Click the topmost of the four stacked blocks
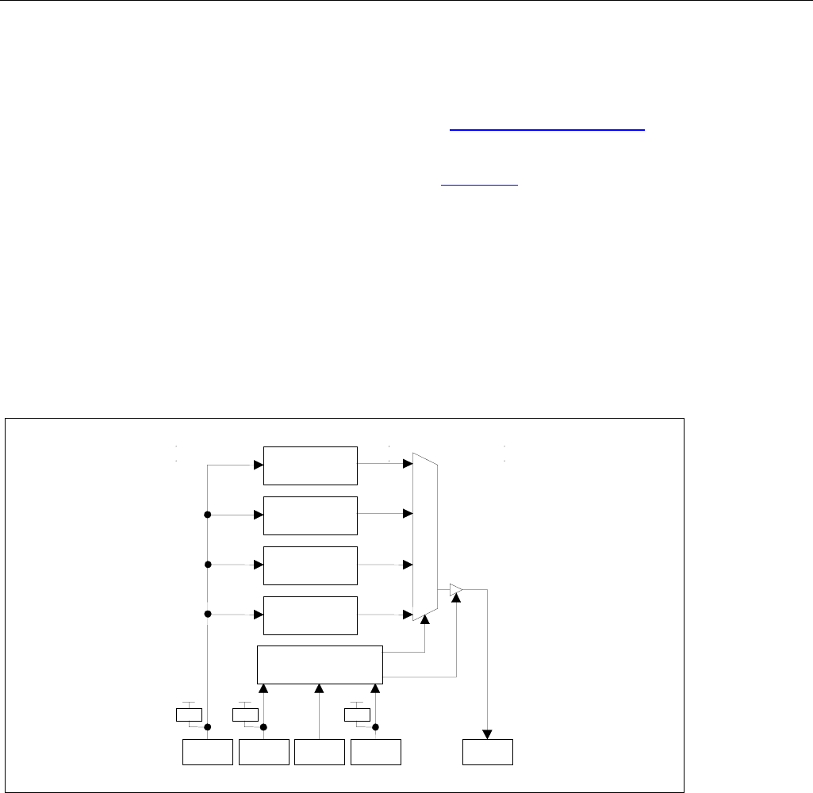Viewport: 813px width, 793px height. click(x=310, y=465)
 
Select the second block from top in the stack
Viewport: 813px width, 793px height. click(x=310, y=515)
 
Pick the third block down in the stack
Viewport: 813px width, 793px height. click(x=310, y=565)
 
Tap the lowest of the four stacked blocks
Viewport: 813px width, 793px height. click(x=310, y=615)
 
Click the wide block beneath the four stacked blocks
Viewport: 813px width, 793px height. click(x=320, y=664)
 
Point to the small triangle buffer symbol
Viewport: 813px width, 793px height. click(x=455, y=589)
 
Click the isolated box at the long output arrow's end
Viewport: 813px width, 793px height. click(x=488, y=752)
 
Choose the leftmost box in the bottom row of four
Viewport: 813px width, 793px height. click(x=208, y=752)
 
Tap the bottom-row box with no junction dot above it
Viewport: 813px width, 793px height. click(x=320, y=752)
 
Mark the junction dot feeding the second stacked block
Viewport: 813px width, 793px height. click(x=208, y=515)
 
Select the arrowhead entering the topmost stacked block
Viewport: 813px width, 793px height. click(x=259, y=465)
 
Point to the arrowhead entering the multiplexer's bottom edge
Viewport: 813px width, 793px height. click(x=426, y=632)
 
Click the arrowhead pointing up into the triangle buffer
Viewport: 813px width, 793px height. click(x=456, y=600)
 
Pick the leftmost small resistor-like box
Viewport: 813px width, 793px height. click(x=188, y=714)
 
